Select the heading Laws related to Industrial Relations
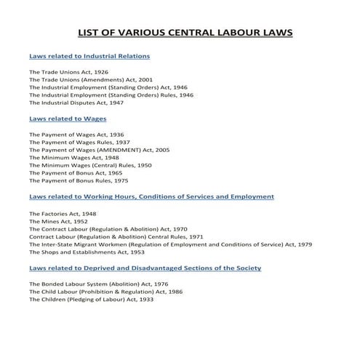coord(89,56)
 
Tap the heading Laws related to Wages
coord(67,118)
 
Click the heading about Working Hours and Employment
coord(151,196)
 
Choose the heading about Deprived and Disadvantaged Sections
coord(145,268)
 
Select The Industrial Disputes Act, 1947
coord(76,102)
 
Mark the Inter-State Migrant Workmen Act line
coord(170,244)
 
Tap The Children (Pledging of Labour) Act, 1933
coord(91,299)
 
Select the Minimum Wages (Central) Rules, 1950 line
coord(80,165)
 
